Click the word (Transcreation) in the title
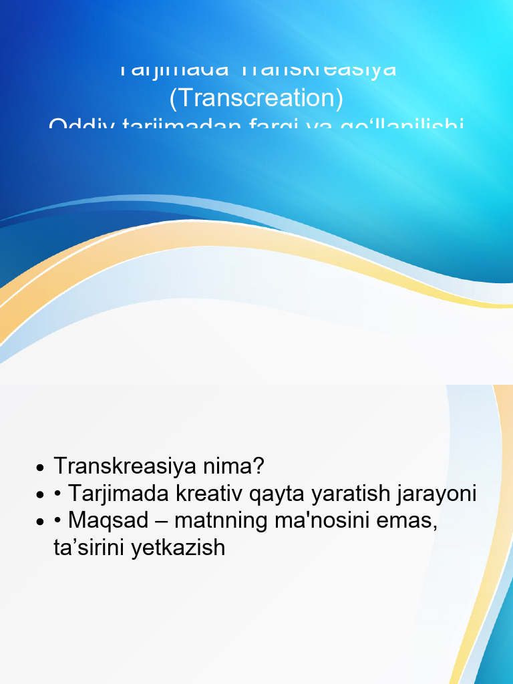pyautogui.click(x=256, y=98)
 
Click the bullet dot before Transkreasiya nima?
pyautogui.click(x=41, y=467)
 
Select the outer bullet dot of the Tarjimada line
pyautogui.click(x=41, y=495)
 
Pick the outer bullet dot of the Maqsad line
pyautogui.click(x=41, y=522)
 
